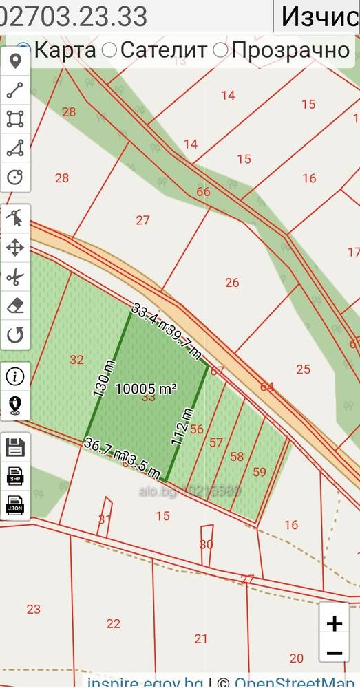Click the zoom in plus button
[x=334, y=623]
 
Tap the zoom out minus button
[x=334, y=653]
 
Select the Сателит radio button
[x=109, y=50]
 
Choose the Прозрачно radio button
[x=221, y=50]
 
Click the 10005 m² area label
[x=146, y=389]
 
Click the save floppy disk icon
[x=15, y=447]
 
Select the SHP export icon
[x=15, y=476]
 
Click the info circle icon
[x=15, y=376]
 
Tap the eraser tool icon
[x=15, y=306]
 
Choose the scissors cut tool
[x=15, y=277]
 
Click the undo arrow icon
[x=15, y=335]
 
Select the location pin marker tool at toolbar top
[x=15, y=62]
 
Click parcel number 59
[x=260, y=472]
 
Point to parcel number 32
[x=76, y=359]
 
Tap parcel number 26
[x=232, y=282]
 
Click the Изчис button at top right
[x=317, y=17]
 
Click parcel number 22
[x=114, y=623]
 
